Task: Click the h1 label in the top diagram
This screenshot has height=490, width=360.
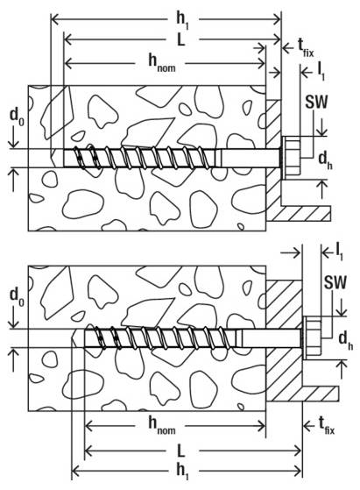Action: [x=183, y=21]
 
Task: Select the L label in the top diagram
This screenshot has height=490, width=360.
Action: [x=181, y=39]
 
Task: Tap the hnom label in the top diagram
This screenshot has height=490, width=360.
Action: [x=161, y=63]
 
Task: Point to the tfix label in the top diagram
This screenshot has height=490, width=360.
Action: [x=306, y=48]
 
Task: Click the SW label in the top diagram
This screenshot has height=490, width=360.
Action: [x=316, y=102]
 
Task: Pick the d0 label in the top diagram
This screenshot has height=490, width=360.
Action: [x=17, y=117]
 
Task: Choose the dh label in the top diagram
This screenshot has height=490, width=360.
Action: [x=325, y=161]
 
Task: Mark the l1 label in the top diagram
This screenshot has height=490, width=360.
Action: [x=321, y=73]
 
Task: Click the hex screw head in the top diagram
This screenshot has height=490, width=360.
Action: [x=292, y=158]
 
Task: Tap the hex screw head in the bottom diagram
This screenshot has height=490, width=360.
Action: [x=312, y=338]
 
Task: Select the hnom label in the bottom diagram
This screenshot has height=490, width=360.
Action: [x=161, y=425]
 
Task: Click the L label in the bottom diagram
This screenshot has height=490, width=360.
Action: [x=181, y=451]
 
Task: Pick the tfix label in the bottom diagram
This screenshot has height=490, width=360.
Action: [x=327, y=426]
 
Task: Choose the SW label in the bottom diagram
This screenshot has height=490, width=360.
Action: [x=335, y=282]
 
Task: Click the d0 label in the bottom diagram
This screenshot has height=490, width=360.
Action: [x=17, y=296]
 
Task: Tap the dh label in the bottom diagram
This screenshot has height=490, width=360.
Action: [x=346, y=341]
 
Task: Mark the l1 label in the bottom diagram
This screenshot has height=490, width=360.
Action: [x=340, y=252]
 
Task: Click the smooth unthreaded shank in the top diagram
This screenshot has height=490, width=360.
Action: [x=251, y=158]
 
